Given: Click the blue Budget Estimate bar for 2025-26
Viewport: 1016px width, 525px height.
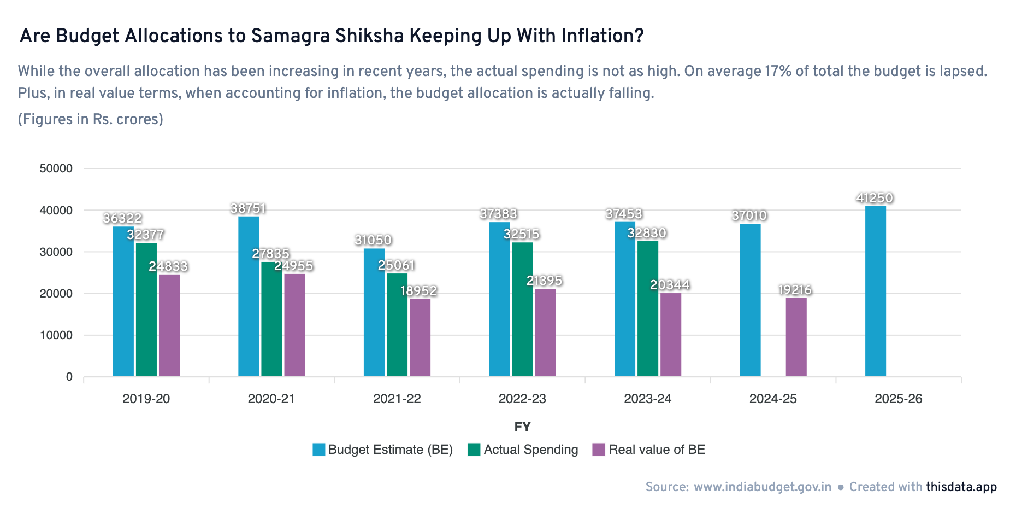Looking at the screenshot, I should pyautogui.click(x=876, y=291).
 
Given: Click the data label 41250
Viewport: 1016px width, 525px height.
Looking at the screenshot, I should pyautogui.click(x=875, y=198).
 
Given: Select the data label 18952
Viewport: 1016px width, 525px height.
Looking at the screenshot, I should pyautogui.click(x=419, y=291).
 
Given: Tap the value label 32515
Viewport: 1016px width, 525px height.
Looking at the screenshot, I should pyautogui.click(x=522, y=234).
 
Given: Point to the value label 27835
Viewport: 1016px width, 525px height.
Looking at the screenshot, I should pyautogui.click(x=270, y=254).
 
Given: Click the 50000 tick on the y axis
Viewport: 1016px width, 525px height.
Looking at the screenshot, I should pyautogui.click(x=56, y=168).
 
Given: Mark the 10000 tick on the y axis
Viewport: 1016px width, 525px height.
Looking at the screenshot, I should pyautogui.click(x=56, y=335).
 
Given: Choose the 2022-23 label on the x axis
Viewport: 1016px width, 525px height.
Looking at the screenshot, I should pyautogui.click(x=522, y=399).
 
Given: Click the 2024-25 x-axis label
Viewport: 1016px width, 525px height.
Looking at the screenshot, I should pyautogui.click(x=773, y=399).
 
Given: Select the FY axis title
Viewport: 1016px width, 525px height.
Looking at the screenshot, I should pyautogui.click(x=522, y=427).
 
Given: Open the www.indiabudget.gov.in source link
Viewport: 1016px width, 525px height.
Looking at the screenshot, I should pyautogui.click(x=763, y=487).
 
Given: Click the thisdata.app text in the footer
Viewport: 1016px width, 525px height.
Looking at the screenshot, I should pyautogui.click(x=961, y=487).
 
